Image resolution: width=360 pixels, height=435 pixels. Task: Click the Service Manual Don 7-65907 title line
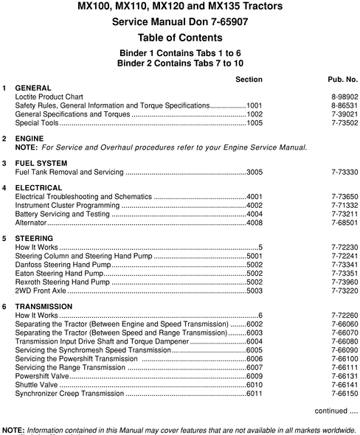coord(180,22)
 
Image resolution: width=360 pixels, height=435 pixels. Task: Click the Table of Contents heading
coord(180,38)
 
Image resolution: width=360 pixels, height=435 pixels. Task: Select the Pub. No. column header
coord(342,78)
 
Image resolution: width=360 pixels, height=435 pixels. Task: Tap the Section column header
coord(249,78)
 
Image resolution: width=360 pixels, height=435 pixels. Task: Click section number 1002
coord(255,114)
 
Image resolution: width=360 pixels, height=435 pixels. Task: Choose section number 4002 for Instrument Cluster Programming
coord(255,205)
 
